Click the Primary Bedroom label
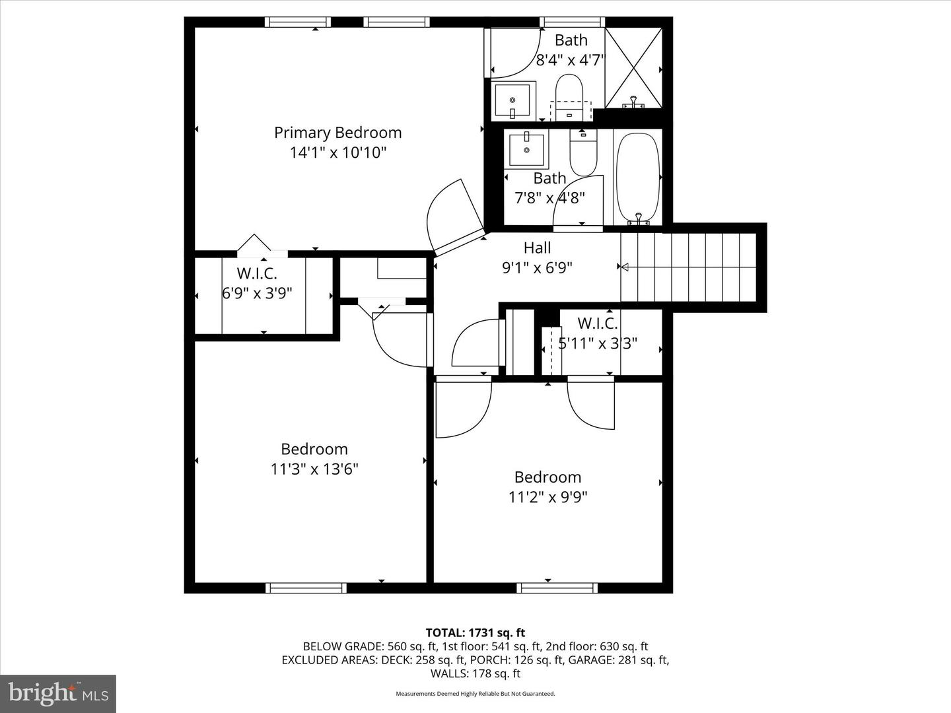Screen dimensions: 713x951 [x=337, y=133]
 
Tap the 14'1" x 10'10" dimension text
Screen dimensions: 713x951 [x=337, y=153]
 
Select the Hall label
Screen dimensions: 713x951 [x=537, y=248]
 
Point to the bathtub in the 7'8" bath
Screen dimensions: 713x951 [x=637, y=177]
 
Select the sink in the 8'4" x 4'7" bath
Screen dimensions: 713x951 [x=512, y=100]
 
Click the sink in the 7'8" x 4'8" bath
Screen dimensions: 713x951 [x=526, y=149]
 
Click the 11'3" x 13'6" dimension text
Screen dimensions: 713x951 [x=314, y=469]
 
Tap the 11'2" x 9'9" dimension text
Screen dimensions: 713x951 [x=547, y=496]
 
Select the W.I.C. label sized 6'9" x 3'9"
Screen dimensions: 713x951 [x=257, y=273]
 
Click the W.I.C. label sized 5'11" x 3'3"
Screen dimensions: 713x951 [x=597, y=323]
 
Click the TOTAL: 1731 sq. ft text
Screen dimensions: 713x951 [x=475, y=633]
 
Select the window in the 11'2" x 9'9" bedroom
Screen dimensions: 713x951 [x=557, y=588]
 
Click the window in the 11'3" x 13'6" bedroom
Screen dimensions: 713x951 [x=306, y=588]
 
